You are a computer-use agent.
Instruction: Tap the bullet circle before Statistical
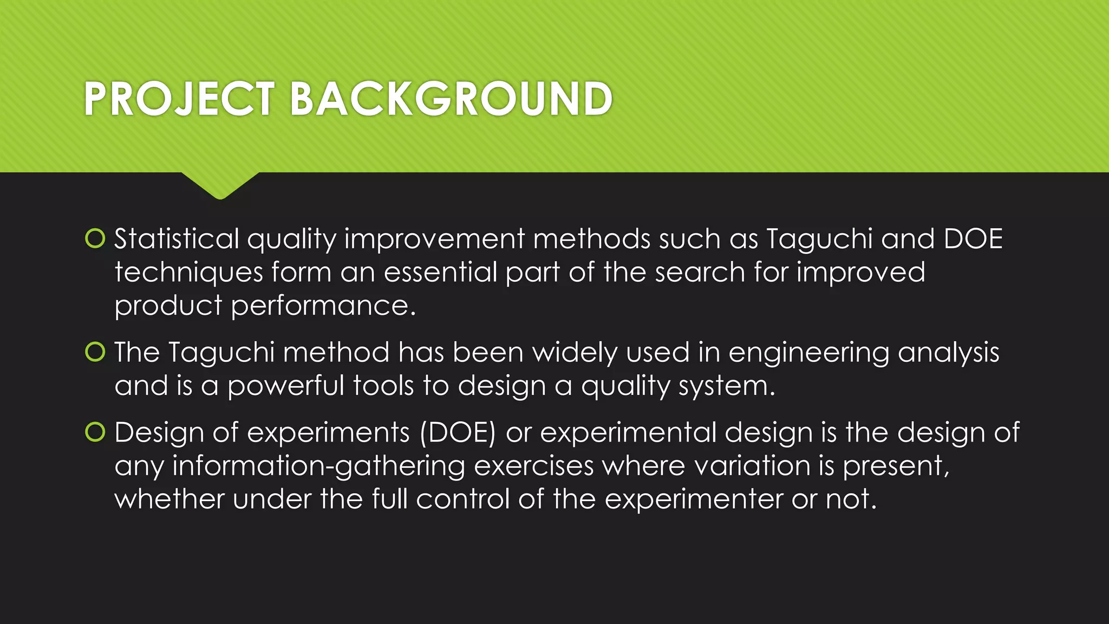click(x=95, y=239)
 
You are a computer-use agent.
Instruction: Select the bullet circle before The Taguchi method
click(x=95, y=352)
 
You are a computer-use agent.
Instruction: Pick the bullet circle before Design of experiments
click(x=95, y=432)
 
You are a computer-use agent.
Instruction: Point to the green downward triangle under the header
click(x=220, y=184)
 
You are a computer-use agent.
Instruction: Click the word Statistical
click(x=177, y=239)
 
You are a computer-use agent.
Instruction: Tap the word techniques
click(x=188, y=272)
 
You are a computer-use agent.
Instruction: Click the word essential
click(x=440, y=272)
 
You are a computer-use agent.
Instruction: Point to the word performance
click(x=323, y=306)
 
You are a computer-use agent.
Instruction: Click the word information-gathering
click(x=318, y=466)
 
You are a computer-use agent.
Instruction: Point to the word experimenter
click(x=694, y=499)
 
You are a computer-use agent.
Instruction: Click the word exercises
click(x=534, y=466)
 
